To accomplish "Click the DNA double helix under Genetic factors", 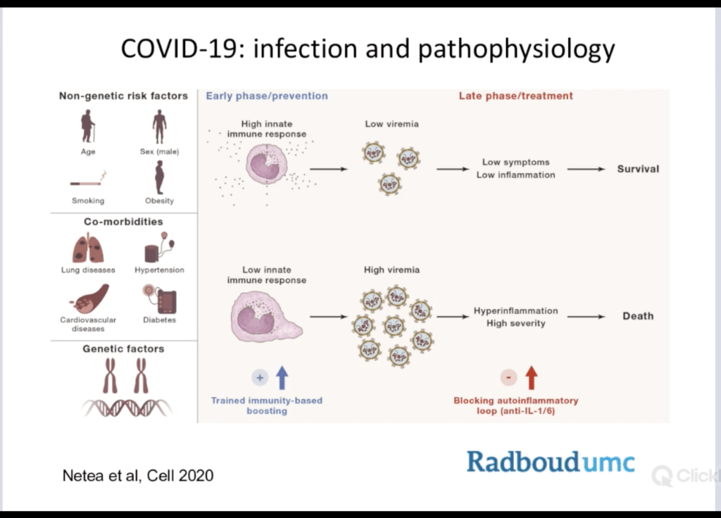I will point(124,408).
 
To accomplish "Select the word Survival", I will point(638,169).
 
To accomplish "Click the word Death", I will point(638,316).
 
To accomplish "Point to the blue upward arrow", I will point(282,378).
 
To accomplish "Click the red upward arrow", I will point(531,378).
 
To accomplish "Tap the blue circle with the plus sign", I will point(260,378).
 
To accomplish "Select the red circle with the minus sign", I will point(508,378).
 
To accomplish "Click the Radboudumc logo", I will point(550,462).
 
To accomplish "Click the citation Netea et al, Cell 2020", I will point(138,476).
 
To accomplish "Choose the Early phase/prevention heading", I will point(267,96).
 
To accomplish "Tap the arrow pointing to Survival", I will point(586,169).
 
